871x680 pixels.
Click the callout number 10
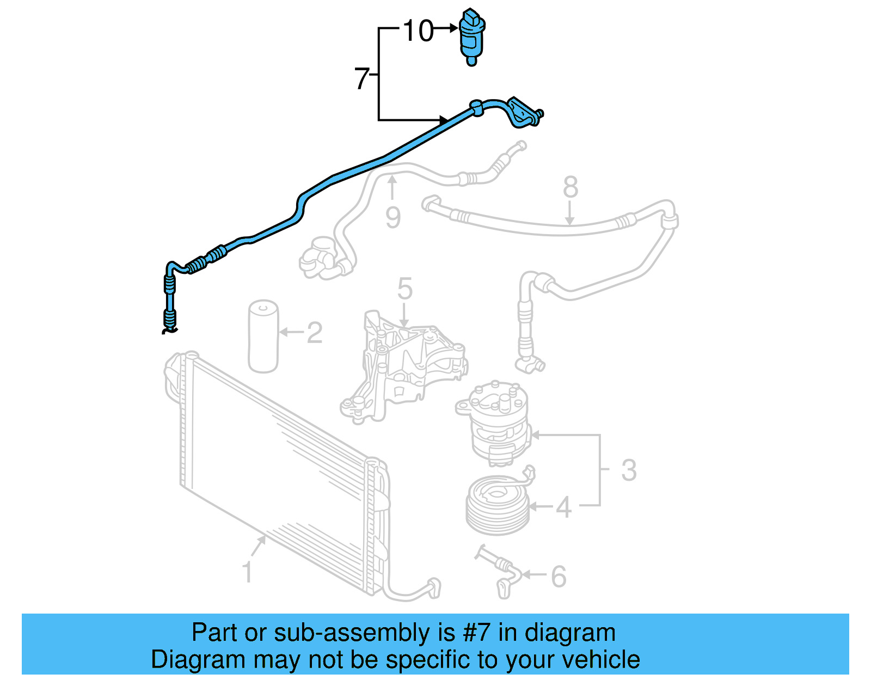tap(418, 31)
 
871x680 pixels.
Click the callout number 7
tap(362, 79)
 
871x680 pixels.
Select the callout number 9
tap(393, 218)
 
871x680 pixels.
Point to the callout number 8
tap(570, 187)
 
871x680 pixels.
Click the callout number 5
tap(404, 289)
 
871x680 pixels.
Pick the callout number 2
tap(314, 333)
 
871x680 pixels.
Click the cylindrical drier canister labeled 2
tap(263, 336)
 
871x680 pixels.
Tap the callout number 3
tap(629, 470)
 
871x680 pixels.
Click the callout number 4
tap(563, 507)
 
